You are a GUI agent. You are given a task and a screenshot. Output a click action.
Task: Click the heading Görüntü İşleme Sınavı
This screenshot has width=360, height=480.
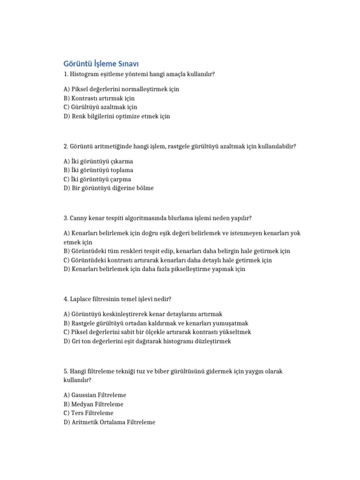[x=101, y=64]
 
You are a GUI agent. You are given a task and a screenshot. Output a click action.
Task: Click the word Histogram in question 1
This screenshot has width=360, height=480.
[x=85, y=74]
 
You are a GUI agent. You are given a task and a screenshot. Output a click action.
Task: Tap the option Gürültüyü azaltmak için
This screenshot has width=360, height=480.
[x=97, y=107]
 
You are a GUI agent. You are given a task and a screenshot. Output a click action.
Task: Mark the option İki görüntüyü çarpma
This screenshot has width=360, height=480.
[x=97, y=179]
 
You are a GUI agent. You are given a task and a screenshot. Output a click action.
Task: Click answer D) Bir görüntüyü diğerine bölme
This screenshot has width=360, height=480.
[x=108, y=188]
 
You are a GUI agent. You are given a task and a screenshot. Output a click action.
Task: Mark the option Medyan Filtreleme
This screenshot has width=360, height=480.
[x=93, y=404]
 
